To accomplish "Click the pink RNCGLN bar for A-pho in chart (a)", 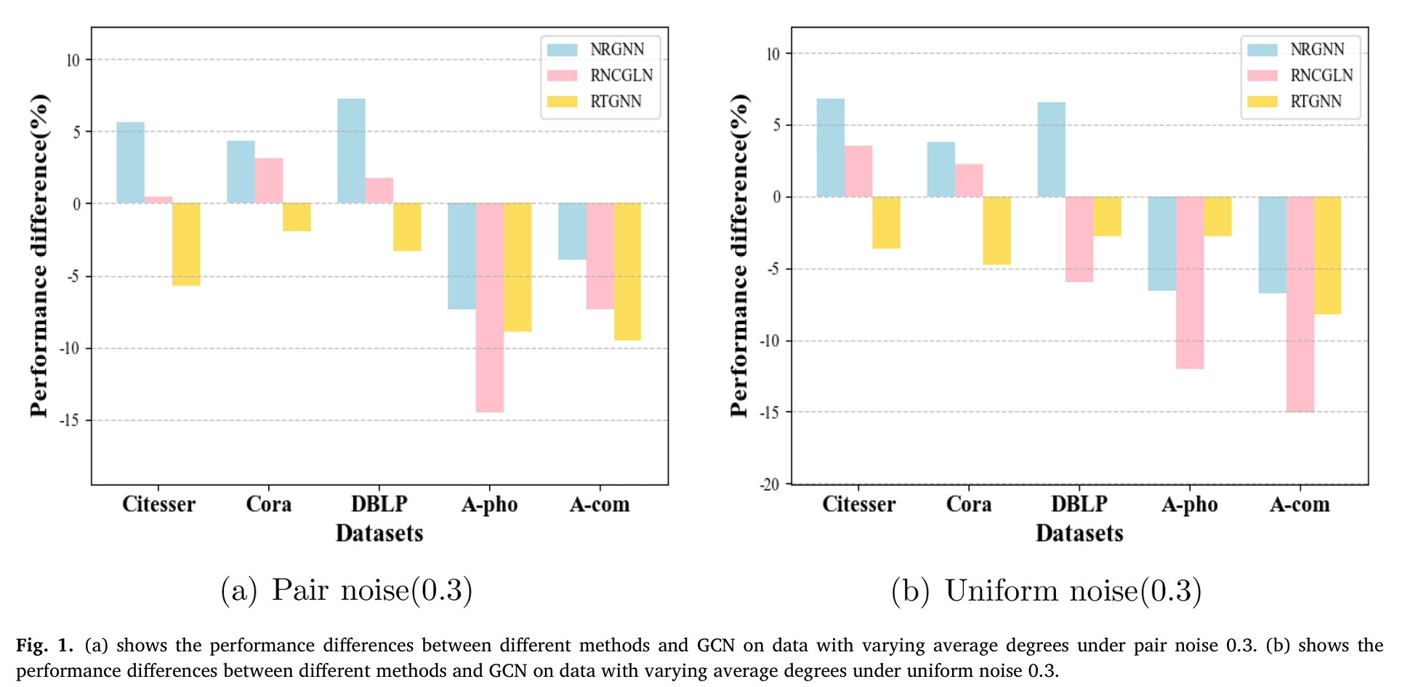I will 489,307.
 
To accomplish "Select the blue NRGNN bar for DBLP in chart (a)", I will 351,150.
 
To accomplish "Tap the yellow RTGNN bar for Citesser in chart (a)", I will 186,244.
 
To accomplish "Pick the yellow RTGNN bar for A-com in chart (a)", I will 627,271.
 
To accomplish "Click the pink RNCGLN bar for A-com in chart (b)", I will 1300,304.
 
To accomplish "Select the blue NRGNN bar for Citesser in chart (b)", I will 830,148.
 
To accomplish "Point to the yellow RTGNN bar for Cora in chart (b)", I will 996,230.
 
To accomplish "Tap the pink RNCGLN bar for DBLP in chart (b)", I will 1079,239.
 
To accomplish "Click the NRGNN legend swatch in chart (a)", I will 562,49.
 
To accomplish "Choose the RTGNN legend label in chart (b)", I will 1316,102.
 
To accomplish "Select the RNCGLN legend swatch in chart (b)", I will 1262,76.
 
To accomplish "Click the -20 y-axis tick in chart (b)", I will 770,484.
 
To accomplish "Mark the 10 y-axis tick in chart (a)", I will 73,60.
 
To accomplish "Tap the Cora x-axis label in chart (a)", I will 268,504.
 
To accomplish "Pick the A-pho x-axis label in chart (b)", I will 1189,504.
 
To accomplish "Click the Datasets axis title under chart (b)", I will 1079,533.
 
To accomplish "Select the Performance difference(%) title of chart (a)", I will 39,256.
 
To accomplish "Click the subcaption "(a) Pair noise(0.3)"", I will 347,590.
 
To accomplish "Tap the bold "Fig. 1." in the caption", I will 44,645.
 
